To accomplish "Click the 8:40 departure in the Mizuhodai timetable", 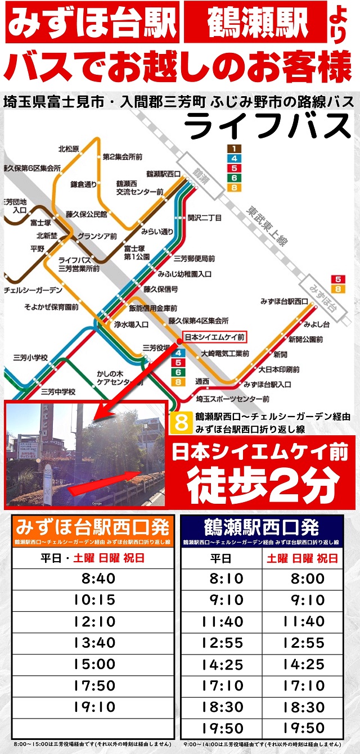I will click(94, 579).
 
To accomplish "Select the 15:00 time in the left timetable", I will click(94, 664).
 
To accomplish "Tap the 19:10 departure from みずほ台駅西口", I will click(94, 707).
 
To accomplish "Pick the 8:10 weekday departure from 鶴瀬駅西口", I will click(222, 579).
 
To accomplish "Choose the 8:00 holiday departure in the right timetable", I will click(303, 579).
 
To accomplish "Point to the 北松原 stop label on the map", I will click(69, 149).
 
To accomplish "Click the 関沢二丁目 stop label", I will click(205, 217).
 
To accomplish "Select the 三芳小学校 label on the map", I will click(31, 357).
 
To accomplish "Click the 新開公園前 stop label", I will click(305, 340).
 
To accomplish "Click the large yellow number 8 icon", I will click(181, 423).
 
